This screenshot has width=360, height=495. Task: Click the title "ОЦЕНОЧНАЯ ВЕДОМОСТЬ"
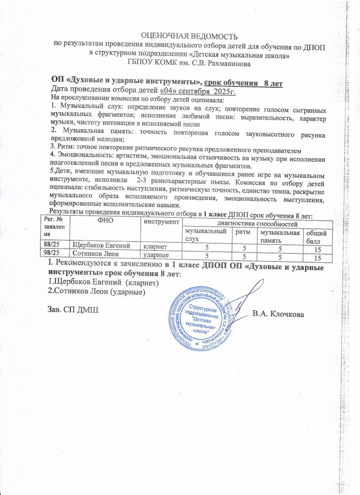189,36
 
